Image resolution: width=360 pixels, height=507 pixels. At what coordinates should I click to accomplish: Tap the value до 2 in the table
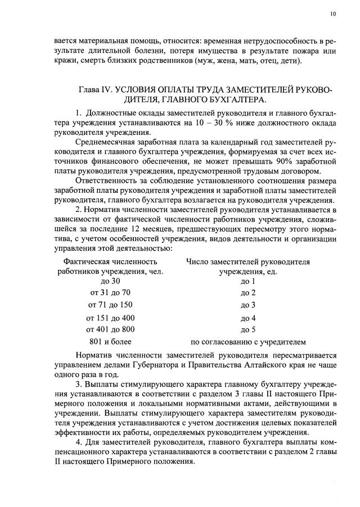[x=248, y=293]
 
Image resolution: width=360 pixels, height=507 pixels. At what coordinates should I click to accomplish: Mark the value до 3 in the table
[x=248, y=305]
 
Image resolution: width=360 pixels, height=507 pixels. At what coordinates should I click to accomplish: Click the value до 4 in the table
[x=248, y=318]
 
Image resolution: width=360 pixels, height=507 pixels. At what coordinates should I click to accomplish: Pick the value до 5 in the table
[x=248, y=329]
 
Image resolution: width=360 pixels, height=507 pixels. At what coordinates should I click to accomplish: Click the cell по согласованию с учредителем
[x=248, y=341]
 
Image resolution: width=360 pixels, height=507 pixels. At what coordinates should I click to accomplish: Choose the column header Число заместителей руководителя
[x=248, y=261]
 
